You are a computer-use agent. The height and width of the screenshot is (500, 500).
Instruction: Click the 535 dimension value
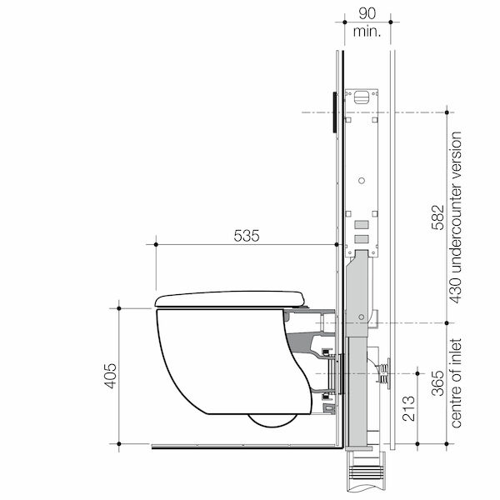[x=247, y=236]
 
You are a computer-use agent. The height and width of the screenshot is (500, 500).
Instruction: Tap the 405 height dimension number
[x=111, y=376]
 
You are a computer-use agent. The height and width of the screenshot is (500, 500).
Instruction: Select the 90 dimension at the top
[x=367, y=13]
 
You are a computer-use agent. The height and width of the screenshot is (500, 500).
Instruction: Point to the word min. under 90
[x=367, y=32]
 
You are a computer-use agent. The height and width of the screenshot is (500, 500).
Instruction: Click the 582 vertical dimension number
[x=437, y=217]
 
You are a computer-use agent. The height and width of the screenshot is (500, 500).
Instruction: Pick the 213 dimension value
[x=408, y=408]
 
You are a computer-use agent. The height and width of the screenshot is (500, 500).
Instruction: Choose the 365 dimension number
[x=437, y=383]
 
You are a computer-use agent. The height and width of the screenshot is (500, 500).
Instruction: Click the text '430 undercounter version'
[x=456, y=217]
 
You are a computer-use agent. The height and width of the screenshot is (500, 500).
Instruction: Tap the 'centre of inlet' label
[x=456, y=383]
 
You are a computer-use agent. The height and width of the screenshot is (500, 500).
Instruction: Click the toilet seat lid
[x=230, y=299]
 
